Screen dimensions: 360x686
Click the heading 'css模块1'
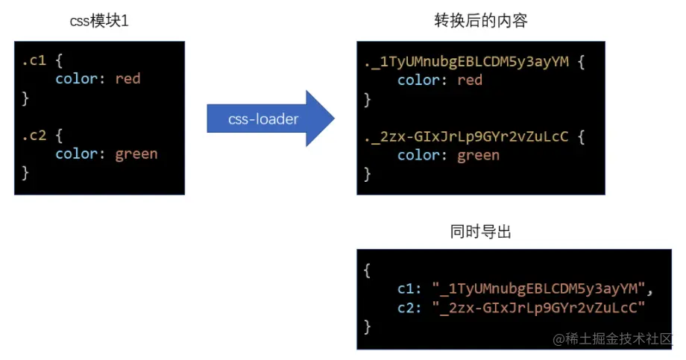[x=99, y=21]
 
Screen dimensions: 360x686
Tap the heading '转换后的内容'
[x=481, y=21]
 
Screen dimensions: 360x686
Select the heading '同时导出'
[x=481, y=233]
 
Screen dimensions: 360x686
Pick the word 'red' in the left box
[x=128, y=78]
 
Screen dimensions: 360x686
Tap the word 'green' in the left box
[x=136, y=154]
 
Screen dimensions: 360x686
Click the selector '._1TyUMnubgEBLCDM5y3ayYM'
[x=466, y=61]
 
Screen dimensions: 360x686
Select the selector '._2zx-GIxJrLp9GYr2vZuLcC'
[x=466, y=136]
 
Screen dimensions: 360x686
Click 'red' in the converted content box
[x=470, y=80]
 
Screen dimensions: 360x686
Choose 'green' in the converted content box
[x=478, y=155]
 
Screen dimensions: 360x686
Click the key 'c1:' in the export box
[x=410, y=288]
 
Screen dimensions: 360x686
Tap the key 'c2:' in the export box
[x=410, y=307]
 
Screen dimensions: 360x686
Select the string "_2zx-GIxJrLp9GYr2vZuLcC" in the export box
[x=538, y=307]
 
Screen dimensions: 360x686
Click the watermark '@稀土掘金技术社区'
[x=612, y=339]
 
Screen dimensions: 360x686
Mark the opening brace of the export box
[x=367, y=270]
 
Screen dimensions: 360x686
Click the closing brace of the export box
[x=367, y=326]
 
